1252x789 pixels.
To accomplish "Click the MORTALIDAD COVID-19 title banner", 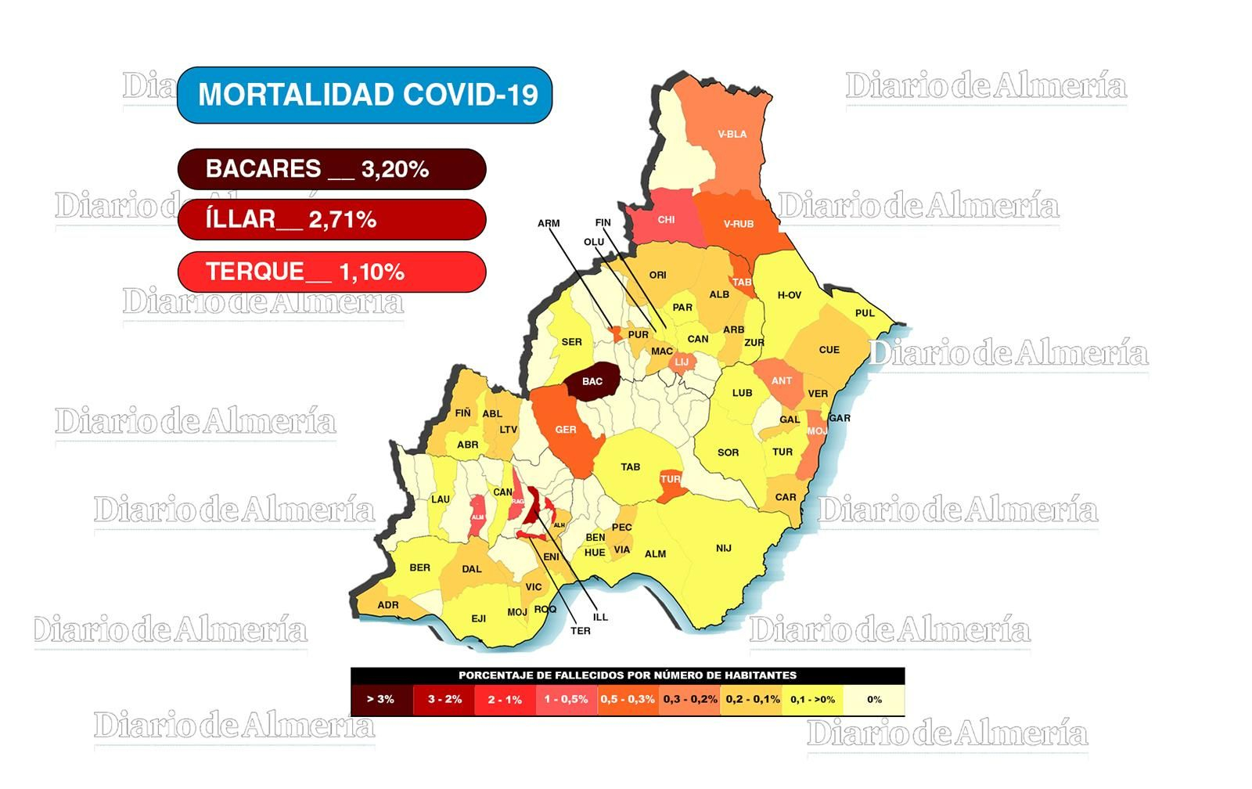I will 365,95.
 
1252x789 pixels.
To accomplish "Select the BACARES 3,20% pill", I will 332,169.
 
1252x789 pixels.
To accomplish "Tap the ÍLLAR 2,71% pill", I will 332,219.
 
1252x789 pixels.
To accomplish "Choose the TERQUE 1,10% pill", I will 332,272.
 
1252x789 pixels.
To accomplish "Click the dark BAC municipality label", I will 592,381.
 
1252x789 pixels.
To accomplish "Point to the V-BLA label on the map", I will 732,134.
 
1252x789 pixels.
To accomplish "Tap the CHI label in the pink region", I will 666,220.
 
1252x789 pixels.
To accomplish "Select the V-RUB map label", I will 738,224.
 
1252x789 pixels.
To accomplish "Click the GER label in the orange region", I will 566,430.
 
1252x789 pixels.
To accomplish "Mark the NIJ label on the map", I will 724,548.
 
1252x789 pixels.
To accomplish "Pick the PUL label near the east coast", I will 865,313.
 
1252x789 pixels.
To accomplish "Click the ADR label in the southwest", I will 388,605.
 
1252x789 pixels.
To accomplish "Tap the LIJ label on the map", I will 682,362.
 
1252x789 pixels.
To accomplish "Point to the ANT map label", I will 782,381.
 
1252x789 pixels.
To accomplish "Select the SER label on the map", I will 572,342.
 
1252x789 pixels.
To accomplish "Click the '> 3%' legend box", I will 381,699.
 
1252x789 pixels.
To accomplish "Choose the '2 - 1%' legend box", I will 505,699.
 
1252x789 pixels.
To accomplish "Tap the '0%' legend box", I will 874,699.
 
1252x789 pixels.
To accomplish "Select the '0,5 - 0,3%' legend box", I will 628,699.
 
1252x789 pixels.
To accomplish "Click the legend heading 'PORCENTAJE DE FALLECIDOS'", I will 628,675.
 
